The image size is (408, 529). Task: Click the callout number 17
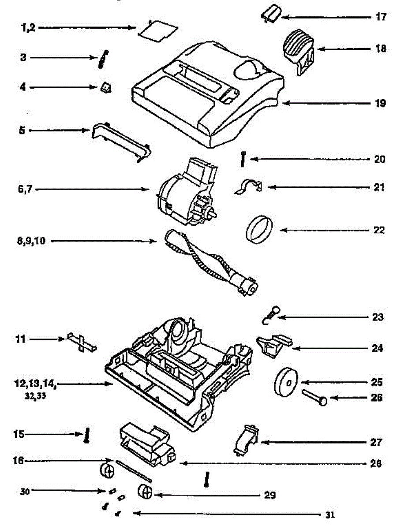[x=381, y=17]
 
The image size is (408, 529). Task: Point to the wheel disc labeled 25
[x=286, y=382]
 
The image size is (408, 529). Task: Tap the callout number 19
[x=380, y=103]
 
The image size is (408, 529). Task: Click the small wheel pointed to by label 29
[x=145, y=492]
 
